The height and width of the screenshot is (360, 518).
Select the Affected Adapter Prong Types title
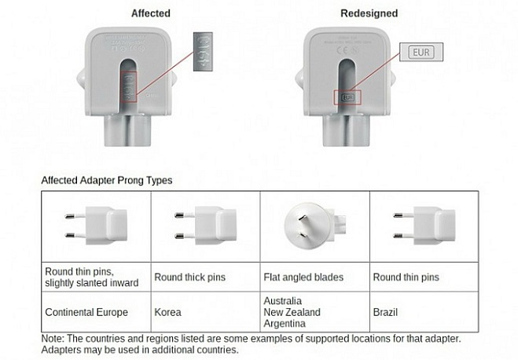(x=107, y=180)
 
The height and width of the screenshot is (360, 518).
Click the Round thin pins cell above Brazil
(x=406, y=277)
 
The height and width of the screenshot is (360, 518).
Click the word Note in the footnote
(x=53, y=338)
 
